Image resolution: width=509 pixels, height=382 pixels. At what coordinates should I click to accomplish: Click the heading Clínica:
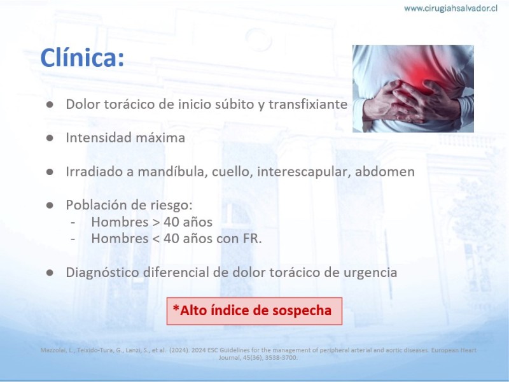click(x=82, y=57)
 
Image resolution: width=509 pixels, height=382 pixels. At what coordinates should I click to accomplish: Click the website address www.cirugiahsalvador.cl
click(x=450, y=8)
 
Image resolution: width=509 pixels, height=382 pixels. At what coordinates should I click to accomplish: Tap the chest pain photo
click(x=413, y=88)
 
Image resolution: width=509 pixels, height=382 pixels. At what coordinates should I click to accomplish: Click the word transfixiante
click(x=308, y=104)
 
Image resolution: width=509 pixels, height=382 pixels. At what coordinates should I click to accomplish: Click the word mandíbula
click(x=172, y=171)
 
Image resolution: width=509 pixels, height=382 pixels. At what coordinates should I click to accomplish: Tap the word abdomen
click(x=385, y=171)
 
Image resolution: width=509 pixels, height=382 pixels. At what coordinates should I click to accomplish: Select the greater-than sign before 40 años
click(x=156, y=222)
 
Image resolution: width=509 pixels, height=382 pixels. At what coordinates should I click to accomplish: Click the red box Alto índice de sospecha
click(x=254, y=311)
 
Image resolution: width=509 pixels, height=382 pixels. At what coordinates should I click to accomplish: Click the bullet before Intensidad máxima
click(x=50, y=138)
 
